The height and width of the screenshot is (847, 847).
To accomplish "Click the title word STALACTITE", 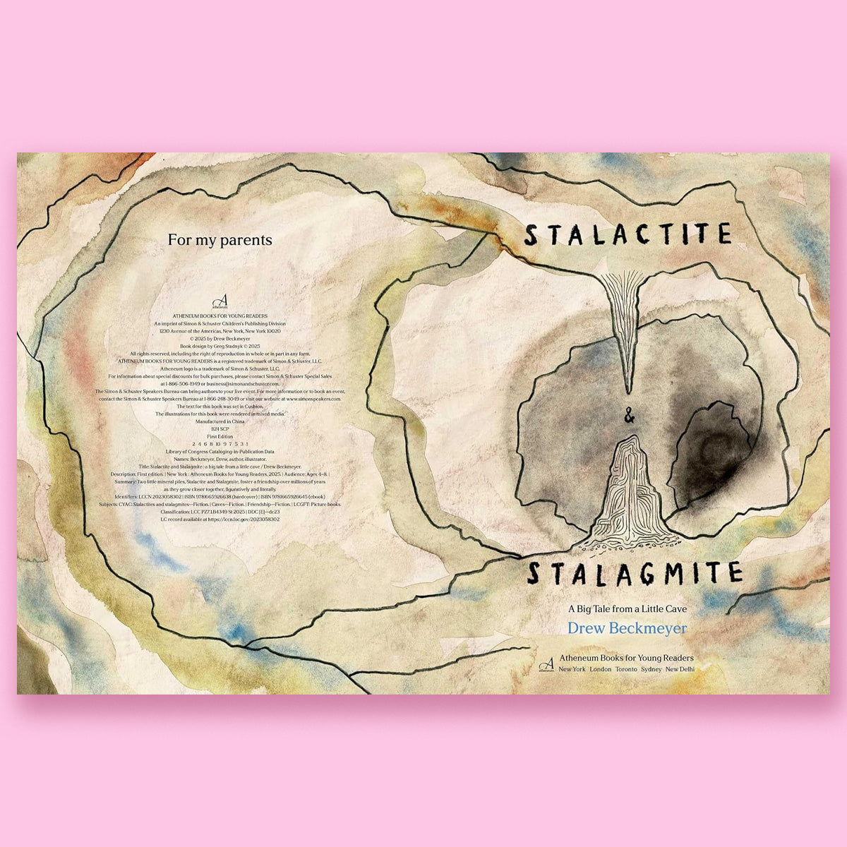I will click(x=627, y=235).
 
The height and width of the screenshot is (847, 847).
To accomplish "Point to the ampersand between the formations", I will click(x=629, y=419).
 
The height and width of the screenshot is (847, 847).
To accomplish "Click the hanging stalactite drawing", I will click(x=624, y=325).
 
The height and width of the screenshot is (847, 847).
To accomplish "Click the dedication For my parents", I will click(x=220, y=240).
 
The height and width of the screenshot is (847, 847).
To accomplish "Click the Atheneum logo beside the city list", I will click(x=546, y=663).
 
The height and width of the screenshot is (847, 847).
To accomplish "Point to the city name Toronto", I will click(x=625, y=669).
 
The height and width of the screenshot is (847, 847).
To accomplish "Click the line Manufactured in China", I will click(x=220, y=421).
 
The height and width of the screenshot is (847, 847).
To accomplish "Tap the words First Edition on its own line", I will click(x=220, y=436).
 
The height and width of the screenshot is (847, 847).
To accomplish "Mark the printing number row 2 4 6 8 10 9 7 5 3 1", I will click(x=220, y=444).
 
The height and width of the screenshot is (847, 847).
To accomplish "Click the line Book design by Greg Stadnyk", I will click(x=220, y=347).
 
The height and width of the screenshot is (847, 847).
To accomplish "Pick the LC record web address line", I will click(x=220, y=519).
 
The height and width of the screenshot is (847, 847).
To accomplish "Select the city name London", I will click(x=601, y=669).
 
